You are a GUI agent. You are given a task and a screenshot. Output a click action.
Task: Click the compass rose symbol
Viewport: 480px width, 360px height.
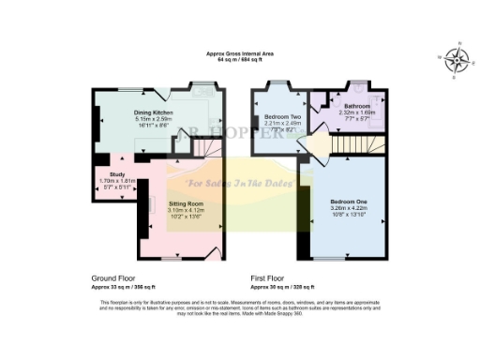point(458,60)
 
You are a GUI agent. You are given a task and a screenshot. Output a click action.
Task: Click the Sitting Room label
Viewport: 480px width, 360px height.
point(185,203)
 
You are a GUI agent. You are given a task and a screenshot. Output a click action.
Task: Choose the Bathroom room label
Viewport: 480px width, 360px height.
point(358,107)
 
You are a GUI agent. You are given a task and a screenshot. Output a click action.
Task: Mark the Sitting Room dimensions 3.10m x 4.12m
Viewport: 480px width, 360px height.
point(185,210)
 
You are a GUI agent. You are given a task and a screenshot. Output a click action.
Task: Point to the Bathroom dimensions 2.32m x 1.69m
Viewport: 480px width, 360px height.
point(358,113)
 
